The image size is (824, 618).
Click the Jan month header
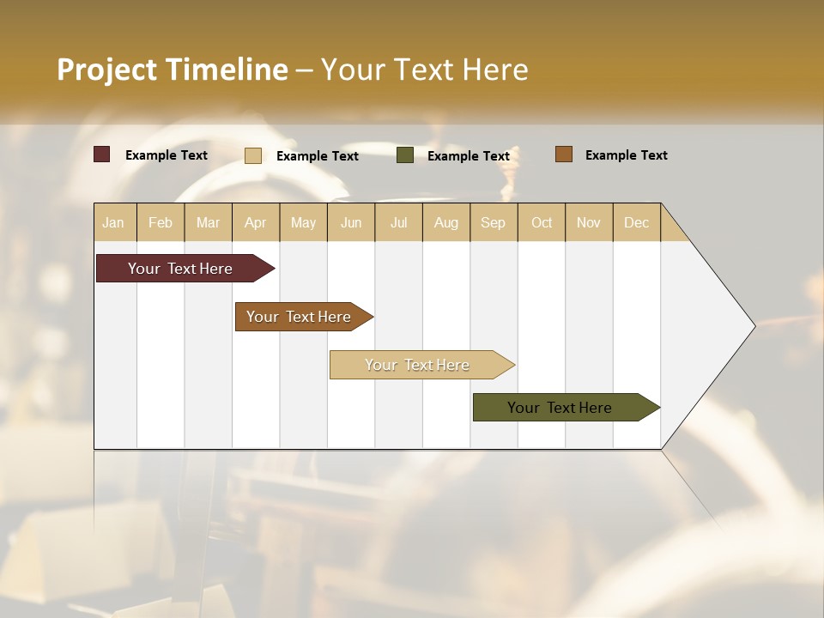[x=114, y=222]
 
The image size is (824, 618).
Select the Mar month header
[x=208, y=222]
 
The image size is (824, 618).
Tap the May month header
[x=303, y=222]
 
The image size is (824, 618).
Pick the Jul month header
[x=398, y=222]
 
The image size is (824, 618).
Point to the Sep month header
[x=493, y=222]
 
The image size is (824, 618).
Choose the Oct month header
[x=542, y=222]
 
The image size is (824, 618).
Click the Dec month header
[x=636, y=222]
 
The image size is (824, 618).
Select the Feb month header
[x=161, y=222]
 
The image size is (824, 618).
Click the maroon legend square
[x=102, y=154]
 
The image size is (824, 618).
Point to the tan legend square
[x=253, y=155]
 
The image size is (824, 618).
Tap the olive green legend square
[x=405, y=155]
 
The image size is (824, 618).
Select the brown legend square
[x=564, y=154]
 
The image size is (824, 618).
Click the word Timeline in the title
[x=227, y=70]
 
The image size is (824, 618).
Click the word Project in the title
[x=106, y=70]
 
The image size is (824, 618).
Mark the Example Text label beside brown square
[x=626, y=155]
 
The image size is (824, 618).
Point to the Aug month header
[x=446, y=222]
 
